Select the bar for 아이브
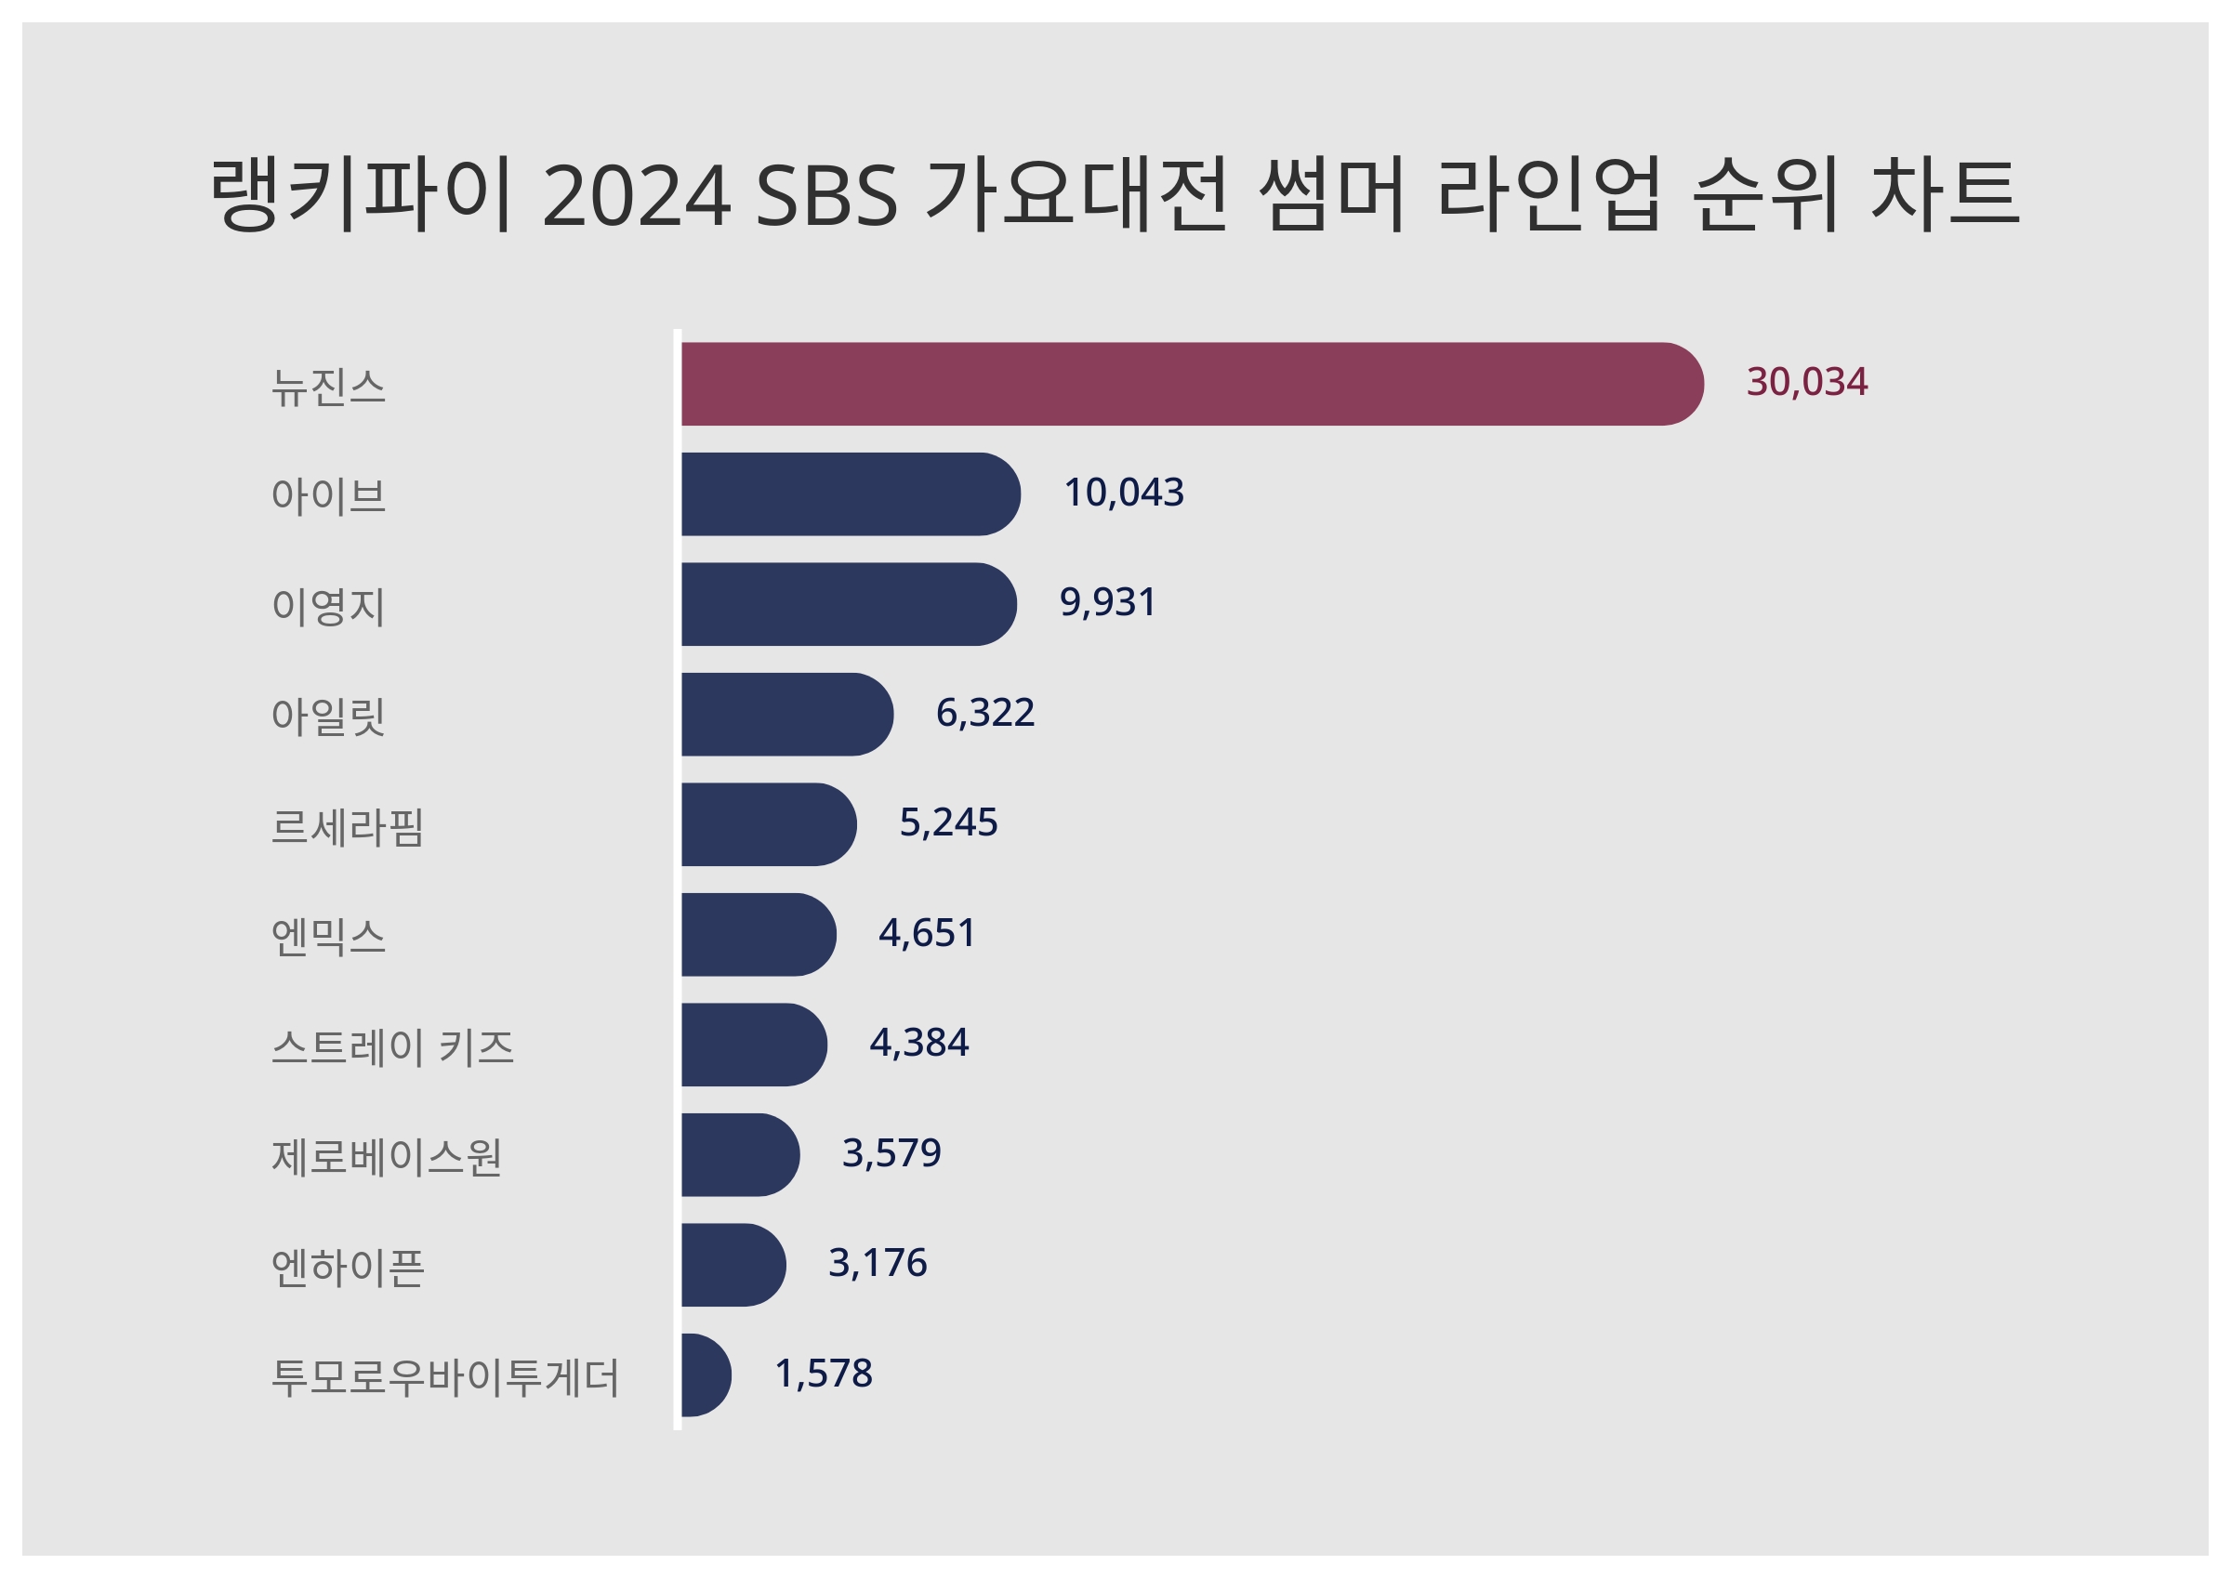coord(850,493)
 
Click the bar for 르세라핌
coord(768,824)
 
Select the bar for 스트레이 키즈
coord(753,1045)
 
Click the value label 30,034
coord(1806,382)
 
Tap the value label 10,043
coord(1123,493)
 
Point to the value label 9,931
coord(1108,602)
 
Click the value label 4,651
coord(927,933)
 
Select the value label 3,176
coord(878,1263)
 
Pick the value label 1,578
coord(823,1374)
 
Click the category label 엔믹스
coord(328,937)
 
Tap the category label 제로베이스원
coord(386,1157)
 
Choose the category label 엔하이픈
coord(348,1267)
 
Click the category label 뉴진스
coord(328,387)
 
